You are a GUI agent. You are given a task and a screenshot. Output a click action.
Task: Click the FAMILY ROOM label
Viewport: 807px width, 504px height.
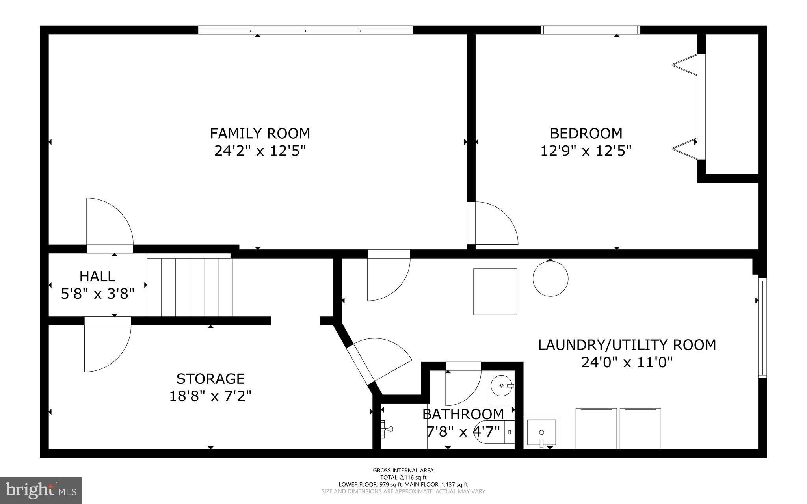(260, 134)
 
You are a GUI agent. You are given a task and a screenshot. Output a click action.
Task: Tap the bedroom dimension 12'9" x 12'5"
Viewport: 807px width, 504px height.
(586, 151)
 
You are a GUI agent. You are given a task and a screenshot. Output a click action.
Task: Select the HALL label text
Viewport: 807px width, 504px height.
(97, 276)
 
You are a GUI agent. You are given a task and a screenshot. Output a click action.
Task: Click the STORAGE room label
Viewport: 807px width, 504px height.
(210, 379)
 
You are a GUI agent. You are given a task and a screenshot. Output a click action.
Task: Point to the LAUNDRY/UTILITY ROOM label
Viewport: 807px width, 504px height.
(627, 345)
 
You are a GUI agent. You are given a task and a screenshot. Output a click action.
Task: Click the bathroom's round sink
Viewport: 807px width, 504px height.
(502, 386)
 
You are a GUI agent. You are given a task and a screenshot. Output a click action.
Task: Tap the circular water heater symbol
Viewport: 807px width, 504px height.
(550, 279)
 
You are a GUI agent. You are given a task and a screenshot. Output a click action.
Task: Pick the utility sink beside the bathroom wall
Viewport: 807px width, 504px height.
(542, 433)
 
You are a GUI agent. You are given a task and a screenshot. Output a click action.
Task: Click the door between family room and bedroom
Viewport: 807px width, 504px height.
(493, 223)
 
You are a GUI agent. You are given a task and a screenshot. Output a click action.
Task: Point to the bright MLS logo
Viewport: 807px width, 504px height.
(41, 490)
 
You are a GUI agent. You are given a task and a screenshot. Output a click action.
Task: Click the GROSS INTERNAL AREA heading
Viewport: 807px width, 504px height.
(403, 470)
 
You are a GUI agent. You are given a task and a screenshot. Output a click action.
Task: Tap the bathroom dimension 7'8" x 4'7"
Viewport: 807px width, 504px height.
(463, 431)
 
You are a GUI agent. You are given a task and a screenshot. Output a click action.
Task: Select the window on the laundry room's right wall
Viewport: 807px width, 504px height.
(762, 327)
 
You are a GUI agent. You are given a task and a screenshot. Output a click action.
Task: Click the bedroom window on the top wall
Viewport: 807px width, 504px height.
(590, 30)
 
